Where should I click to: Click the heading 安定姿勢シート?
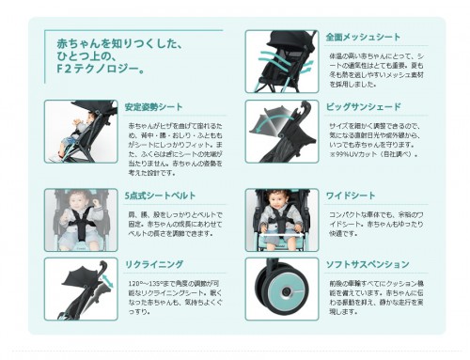point(153,106)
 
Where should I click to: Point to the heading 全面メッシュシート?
point(363,38)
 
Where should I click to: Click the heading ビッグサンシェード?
point(364,107)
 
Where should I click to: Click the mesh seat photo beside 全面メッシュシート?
point(279,61)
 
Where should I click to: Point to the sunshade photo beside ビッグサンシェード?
point(279,131)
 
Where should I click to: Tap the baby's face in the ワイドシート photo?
point(278,202)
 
